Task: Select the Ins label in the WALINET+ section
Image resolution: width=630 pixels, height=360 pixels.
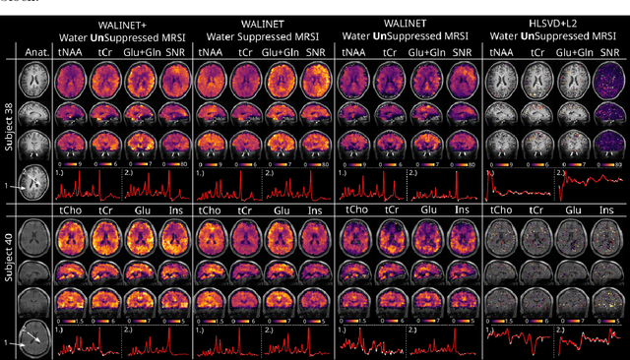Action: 175,210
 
